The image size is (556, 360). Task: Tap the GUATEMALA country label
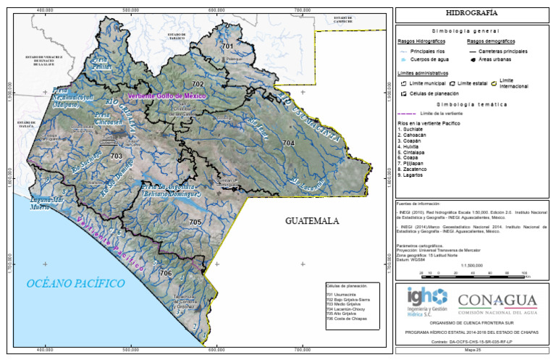tap(312, 220)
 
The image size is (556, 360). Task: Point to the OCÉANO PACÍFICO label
tap(75, 283)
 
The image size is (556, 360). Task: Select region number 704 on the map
tap(289, 144)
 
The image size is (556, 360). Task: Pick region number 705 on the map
tap(194, 222)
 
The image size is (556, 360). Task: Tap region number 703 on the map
tap(116, 156)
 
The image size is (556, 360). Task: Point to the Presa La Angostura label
tap(170, 191)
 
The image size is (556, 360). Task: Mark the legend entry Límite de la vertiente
tap(441, 114)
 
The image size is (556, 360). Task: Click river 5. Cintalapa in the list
tap(416, 154)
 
